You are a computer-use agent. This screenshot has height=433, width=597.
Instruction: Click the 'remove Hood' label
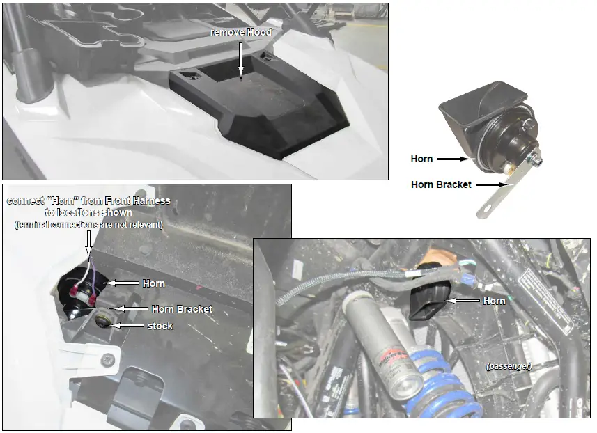(241, 33)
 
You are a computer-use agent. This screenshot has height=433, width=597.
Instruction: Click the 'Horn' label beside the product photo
(421, 159)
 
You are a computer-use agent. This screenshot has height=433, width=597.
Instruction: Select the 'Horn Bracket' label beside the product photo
(441, 184)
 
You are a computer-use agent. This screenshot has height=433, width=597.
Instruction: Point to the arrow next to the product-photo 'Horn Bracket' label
(490, 184)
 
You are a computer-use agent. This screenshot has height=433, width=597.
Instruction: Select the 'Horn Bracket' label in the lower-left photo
(181, 308)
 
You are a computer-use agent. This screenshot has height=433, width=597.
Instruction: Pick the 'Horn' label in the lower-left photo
(154, 283)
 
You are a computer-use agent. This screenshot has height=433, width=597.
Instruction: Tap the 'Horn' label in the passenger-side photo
(495, 301)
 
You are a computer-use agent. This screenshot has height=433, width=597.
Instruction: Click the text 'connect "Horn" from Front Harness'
(88, 201)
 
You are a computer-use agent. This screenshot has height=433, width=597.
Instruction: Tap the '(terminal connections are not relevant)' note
(88, 224)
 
